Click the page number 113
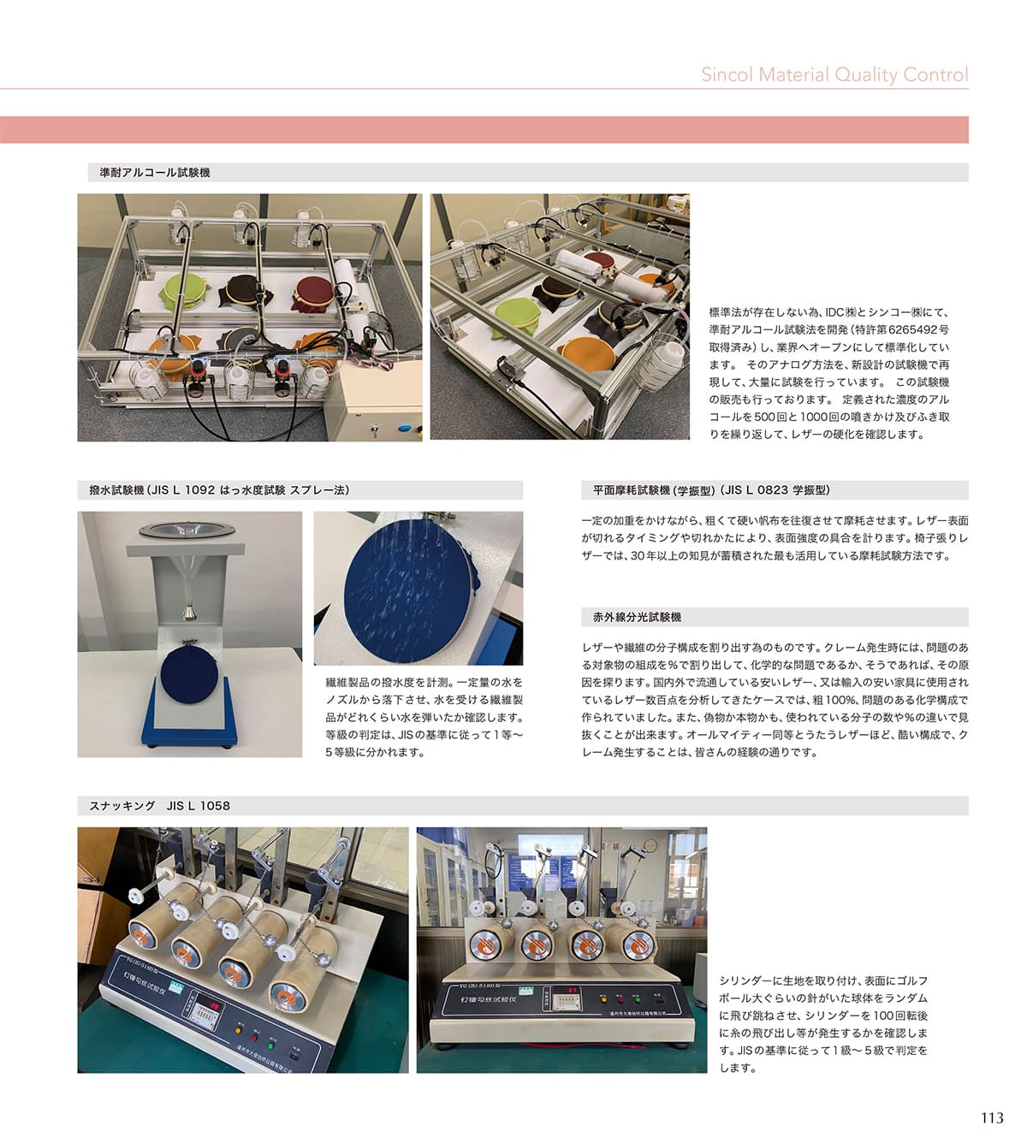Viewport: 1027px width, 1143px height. tap(992, 1117)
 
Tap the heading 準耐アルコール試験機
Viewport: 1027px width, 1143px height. tap(155, 173)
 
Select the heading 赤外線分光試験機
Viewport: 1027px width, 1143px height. tap(637, 617)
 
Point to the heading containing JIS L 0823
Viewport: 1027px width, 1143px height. tap(711, 490)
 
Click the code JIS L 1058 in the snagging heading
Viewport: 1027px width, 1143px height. tap(198, 806)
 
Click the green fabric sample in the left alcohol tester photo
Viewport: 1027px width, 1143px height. tap(185, 290)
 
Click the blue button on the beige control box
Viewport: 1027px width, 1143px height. tap(404, 429)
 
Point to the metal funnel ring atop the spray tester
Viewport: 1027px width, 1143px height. tap(187, 530)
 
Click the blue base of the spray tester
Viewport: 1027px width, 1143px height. tap(190, 715)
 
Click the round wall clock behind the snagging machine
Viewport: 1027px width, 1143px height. tap(650, 845)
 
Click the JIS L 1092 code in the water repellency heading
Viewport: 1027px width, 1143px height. tap(183, 490)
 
